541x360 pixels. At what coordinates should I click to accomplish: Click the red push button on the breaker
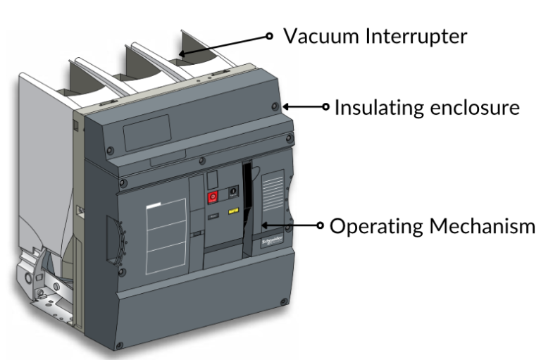(x=212, y=198)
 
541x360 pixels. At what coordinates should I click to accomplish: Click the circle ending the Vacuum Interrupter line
(x=269, y=35)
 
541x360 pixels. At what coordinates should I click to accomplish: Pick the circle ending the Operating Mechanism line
(x=321, y=227)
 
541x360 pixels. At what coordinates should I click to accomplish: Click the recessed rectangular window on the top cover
(x=146, y=132)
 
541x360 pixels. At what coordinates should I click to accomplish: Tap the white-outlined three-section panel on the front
(x=166, y=237)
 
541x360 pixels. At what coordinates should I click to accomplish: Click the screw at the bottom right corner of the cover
(x=283, y=302)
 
